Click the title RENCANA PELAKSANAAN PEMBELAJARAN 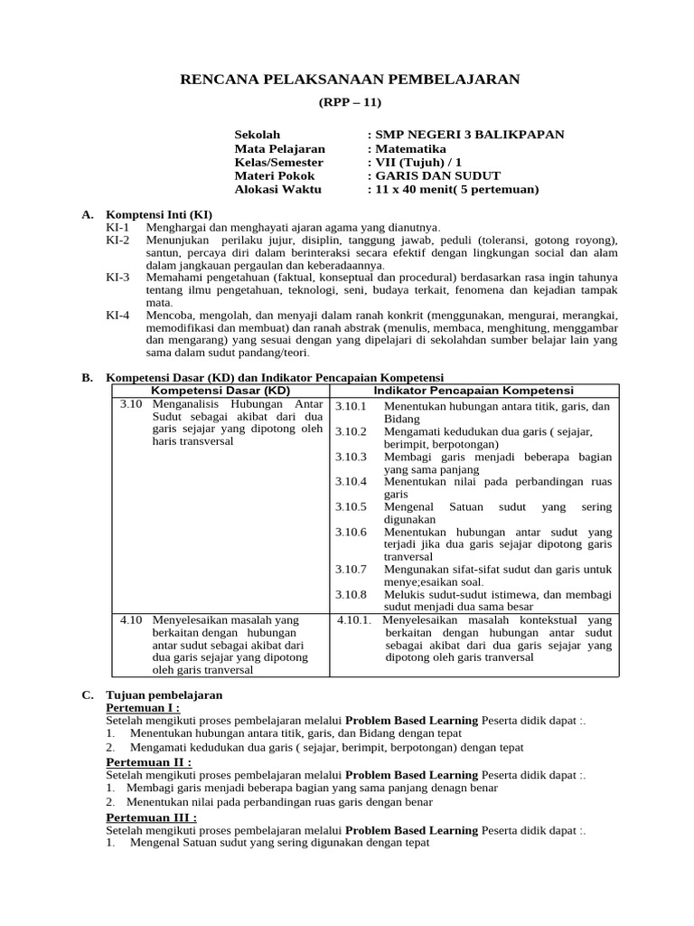point(351,80)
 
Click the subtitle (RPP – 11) point(351,103)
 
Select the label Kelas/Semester point(278,162)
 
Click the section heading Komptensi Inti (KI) point(160,215)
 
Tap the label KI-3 point(117,278)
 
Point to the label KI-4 point(117,315)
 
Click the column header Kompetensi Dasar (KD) point(220,390)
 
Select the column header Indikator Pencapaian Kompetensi point(474,390)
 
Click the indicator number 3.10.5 point(351,507)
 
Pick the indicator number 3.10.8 point(351,595)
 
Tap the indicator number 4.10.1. point(354,620)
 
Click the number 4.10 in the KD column point(131,620)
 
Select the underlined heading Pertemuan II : point(148,762)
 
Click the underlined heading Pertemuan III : point(151,817)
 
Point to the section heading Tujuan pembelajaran point(164,694)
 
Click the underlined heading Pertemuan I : point(143,707)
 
